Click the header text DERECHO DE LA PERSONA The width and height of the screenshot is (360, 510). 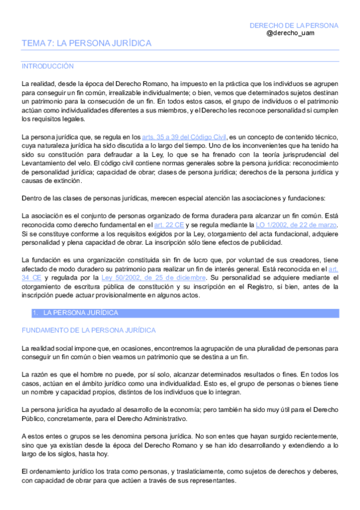point(294,25)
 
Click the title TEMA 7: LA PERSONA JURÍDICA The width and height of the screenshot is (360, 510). point(86,43)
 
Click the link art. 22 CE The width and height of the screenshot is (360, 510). point(169,224)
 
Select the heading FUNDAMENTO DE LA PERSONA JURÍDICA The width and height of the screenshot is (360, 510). point(88,330)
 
